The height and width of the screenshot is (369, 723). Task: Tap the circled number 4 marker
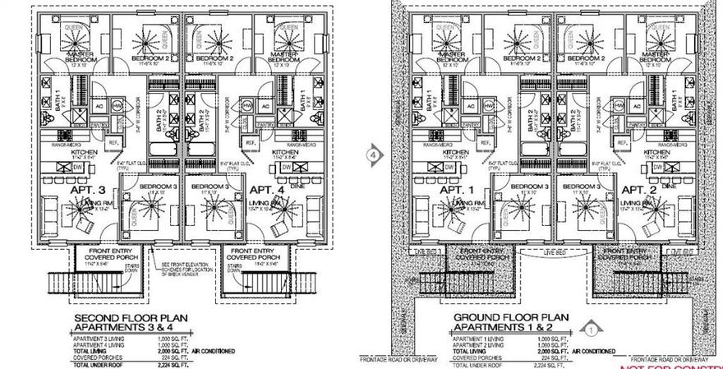tap(375, 154)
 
